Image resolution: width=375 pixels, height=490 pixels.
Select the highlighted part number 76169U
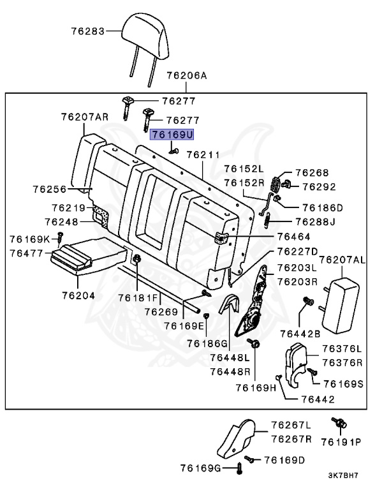[x=172, y=135]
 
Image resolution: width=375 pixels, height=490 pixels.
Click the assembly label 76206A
[x=187, y=75]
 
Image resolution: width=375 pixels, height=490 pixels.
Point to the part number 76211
[x=203, y=154]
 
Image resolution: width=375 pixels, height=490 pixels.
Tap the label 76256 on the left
[x=50, y=189]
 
